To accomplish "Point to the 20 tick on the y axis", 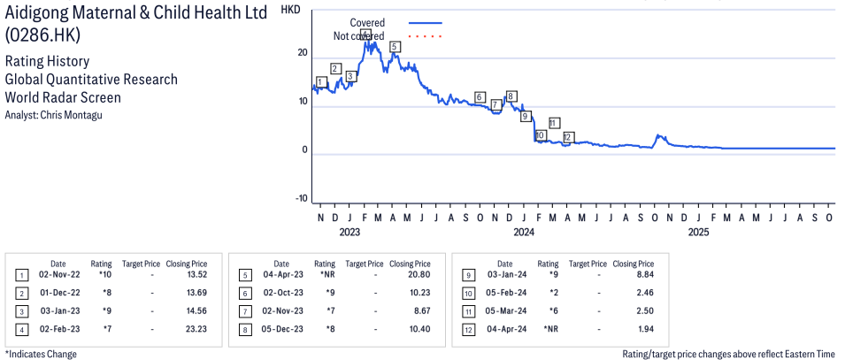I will tap(302, 53).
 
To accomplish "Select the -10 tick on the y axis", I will tap(300, 198).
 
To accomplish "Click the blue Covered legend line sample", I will tap(425, 22).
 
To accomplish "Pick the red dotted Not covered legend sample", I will tap(425, 36).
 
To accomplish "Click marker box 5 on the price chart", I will tap(395, 46).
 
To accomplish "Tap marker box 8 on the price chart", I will tap(511, 96).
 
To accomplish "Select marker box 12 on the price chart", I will tap(568, 137).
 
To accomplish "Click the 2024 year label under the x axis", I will tap(524, 233).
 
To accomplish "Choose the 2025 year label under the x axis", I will tap(699, 233).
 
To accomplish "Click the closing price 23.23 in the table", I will tap(192, 329).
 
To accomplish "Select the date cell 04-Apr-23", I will tap(280, 275).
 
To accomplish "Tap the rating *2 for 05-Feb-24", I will tap(549, 293).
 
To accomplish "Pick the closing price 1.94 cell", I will tap(639, 329).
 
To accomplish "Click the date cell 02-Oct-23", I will tap(280, 293).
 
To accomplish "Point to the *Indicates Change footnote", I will tap(41, 354).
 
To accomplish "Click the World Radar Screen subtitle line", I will tap(63, 98).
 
